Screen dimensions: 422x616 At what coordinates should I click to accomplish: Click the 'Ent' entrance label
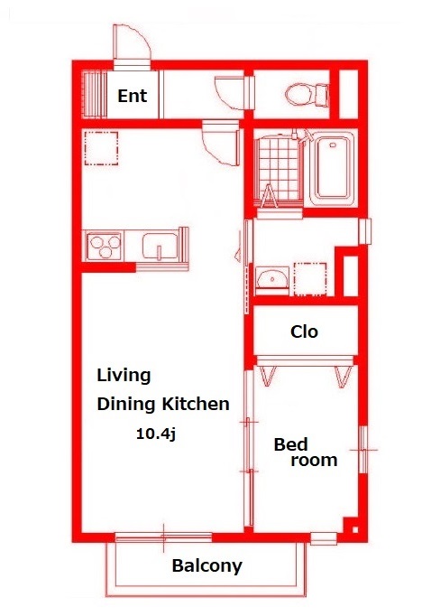(x=133, y=96)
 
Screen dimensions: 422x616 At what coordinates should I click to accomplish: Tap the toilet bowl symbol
(x=307, y=95)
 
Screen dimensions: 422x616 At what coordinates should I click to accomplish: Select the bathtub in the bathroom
(x=333, y=169)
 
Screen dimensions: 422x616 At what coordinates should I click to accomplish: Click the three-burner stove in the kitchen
(x=104, y=246)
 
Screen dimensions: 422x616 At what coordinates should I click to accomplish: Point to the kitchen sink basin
(x=160, y=247)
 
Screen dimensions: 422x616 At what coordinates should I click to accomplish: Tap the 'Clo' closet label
(x=304, y=332)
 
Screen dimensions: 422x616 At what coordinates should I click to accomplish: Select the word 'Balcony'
(x=207, y=566)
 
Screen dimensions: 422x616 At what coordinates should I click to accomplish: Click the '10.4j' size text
(x=156, y=434)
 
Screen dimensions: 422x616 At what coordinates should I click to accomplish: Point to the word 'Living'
(x=124, y=376)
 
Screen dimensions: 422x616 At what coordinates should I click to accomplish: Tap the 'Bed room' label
(x=306, y=453)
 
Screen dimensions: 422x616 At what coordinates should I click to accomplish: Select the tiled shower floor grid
(x=280, y=168)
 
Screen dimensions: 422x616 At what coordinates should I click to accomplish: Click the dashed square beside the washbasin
(x=310, y=279)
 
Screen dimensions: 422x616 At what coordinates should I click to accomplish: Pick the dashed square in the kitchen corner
(x=101, y=148)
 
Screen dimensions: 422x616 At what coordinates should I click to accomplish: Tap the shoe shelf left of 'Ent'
(x=94, y=94)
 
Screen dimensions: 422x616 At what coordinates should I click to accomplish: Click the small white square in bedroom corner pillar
(x=355, y=529)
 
